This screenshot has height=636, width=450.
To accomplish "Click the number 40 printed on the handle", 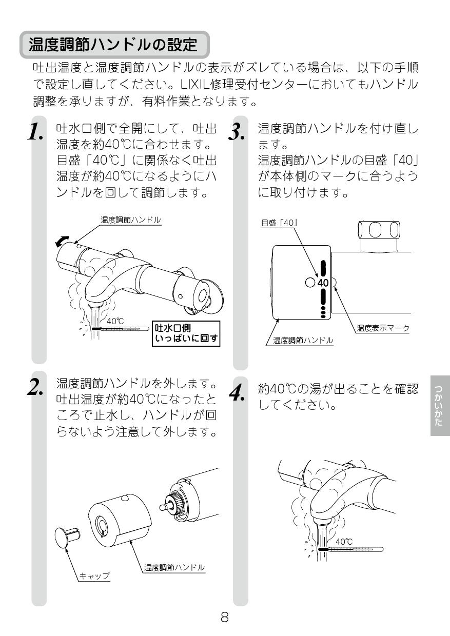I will pos(322,283).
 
